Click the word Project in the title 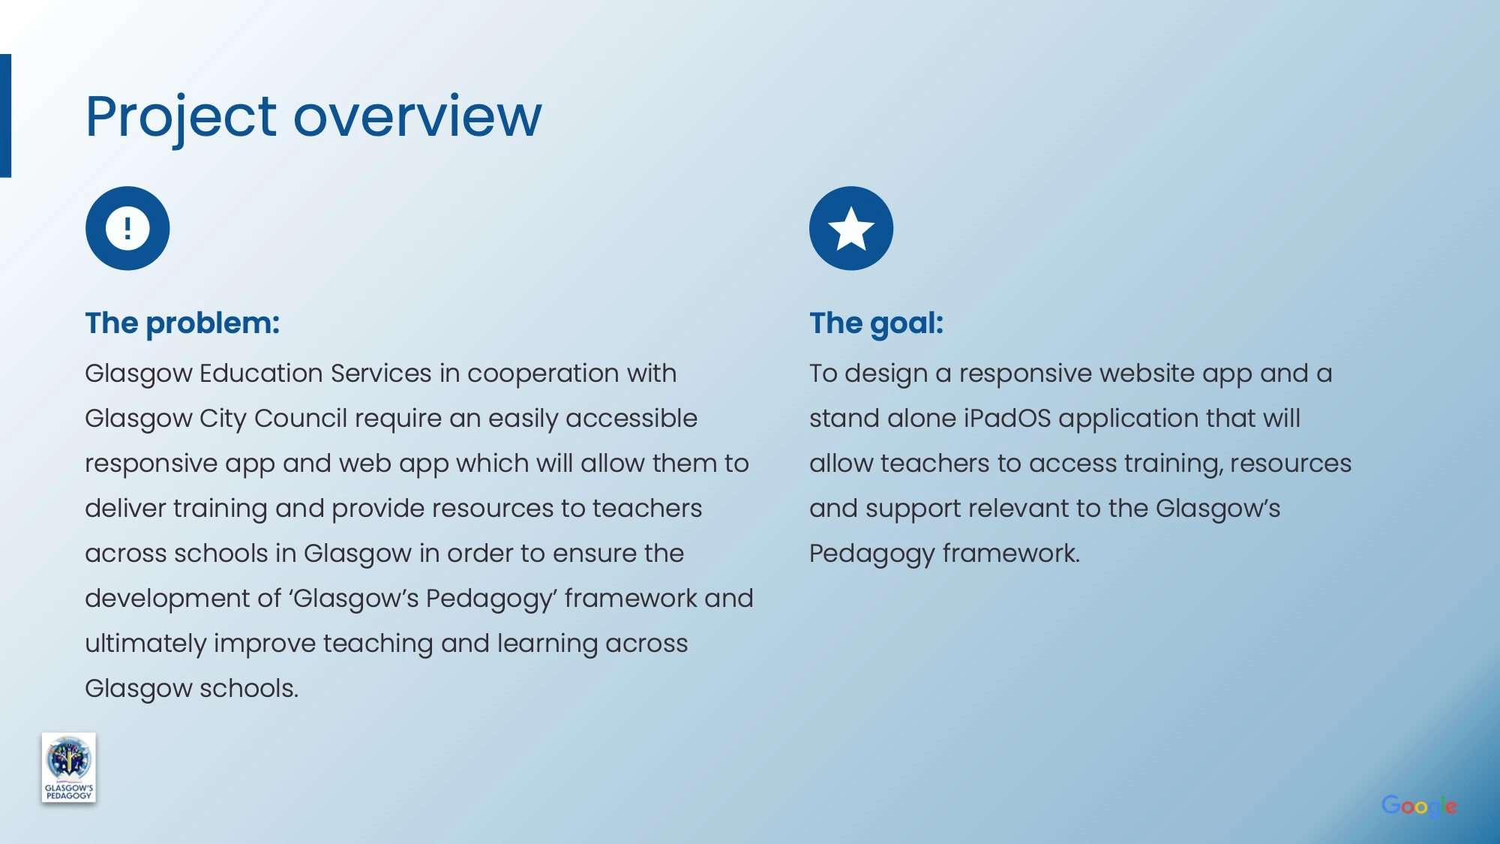pyautogui.click(x=181, y=118)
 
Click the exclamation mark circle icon pyautogui.click(x=127, y=228)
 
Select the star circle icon pyautogui.click(x=851, y=228)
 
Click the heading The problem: pyautogui.click(x=182, y=323)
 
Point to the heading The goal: pyautogui.click(x=876, y=323)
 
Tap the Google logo pyautogui.click(x=1419, y=806)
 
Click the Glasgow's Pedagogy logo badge pyautogui.click(x=69, y=767)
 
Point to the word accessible pyautogui.click(x=631, y=419)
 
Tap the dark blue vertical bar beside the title pyautogui.click(x=5, y=116)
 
